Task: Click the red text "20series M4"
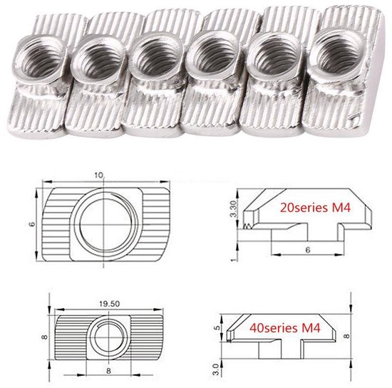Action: [x=315, y=208]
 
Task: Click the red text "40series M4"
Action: [x=285, y=328]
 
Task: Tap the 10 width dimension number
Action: [x=98, y=175]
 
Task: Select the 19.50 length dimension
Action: [x=110, y=304]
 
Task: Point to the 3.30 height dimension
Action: [x=234, y=208]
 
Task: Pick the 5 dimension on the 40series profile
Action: [x=218, y=327]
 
